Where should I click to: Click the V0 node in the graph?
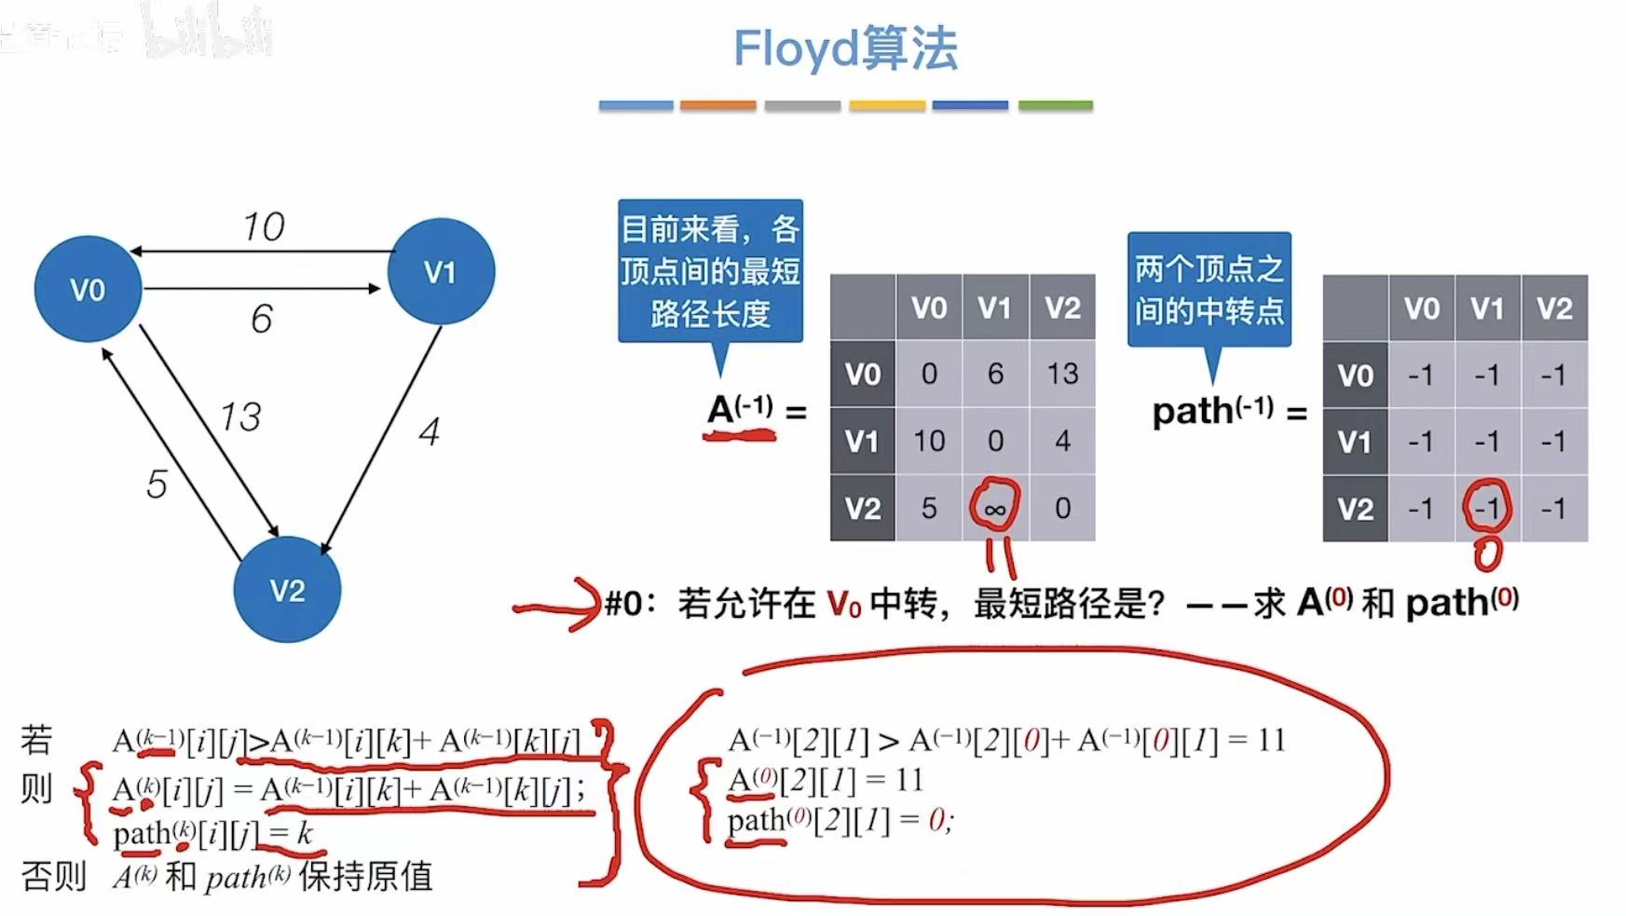(x=88, y=289)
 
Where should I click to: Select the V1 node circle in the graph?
(x=440, y=271)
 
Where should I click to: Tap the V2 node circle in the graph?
(x=287, y=590)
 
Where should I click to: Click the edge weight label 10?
(x=263, y=226)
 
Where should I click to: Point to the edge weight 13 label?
(x=239, y=417)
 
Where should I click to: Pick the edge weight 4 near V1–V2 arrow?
(x=429, y=431)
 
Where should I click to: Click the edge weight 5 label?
(x=157, y=485)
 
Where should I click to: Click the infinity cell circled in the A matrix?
(x=995, y=508)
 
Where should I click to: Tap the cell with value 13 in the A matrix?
(x=1062, y=374)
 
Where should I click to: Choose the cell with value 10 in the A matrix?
(x=929, y=441)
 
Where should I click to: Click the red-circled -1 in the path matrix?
(x=1487, y=508)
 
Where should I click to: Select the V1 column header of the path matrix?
(x=1487, y=308)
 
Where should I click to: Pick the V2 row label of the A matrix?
(x=862, y=508)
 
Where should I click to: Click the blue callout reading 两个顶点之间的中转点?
(x=1209, y=290)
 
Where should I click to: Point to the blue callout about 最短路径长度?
(x=710, y=271)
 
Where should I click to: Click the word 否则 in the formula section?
(x=53, y=876)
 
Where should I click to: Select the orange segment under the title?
(x=717, y=106)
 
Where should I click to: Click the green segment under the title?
(x=1055, y=106)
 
